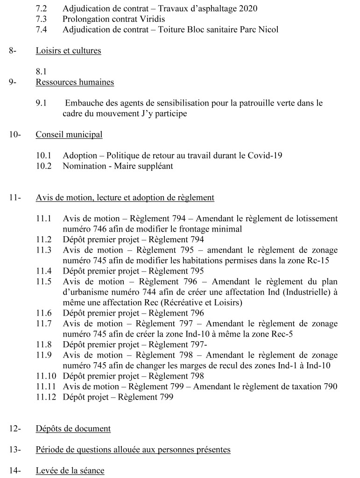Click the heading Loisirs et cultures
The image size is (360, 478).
tap(68, 51)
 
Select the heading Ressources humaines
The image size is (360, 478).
tap(75, 82)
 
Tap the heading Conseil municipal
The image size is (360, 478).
tap(69, 135)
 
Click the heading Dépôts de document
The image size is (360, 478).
tap(73, 429)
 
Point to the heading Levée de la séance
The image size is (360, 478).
tap(70, 471)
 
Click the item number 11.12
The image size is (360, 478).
tap(46, 397)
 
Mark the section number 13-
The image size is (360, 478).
tap(14, 450)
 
